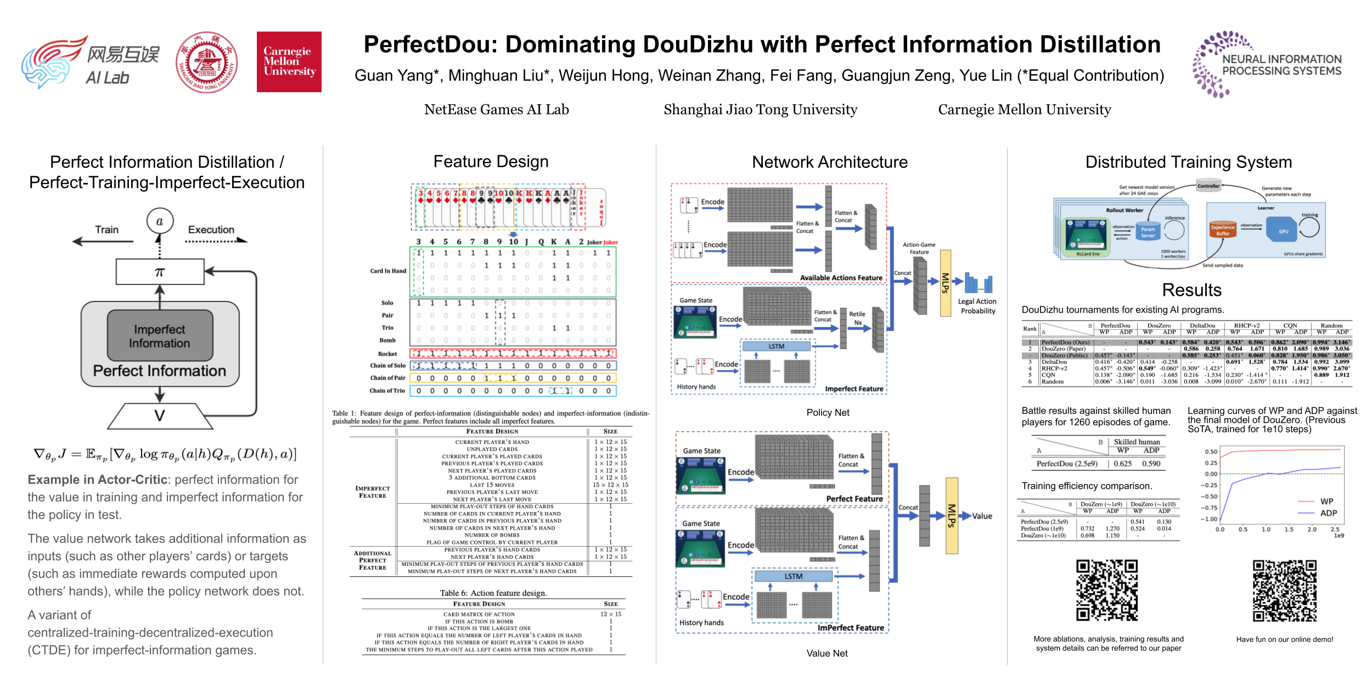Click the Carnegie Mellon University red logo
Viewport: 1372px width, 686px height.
(289, 61)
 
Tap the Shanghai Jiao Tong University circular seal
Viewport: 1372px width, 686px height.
(207, 62)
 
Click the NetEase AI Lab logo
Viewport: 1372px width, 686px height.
(91, 61)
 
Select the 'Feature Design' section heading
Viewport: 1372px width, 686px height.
(491, 162)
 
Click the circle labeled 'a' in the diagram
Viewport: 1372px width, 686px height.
(160, 222)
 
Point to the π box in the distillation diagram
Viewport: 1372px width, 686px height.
(160, 272)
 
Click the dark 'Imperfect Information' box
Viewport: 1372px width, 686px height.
(160, 336)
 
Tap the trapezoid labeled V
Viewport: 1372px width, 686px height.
(160, 416)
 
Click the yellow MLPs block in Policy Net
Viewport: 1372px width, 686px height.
(945, 283)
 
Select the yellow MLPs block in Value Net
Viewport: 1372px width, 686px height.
(952, 516)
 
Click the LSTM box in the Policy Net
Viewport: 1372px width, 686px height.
(776, 347)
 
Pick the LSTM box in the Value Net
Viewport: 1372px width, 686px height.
(793, 576)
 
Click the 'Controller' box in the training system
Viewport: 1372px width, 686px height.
(1208, 186)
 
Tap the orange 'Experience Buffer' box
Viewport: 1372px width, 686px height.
(1223, 230)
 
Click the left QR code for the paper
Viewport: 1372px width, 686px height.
(1106, 590)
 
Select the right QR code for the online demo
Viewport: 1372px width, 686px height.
(1284, 591)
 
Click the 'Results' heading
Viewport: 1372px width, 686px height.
(1191, 290)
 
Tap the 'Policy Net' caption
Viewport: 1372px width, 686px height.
(828, 413)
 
